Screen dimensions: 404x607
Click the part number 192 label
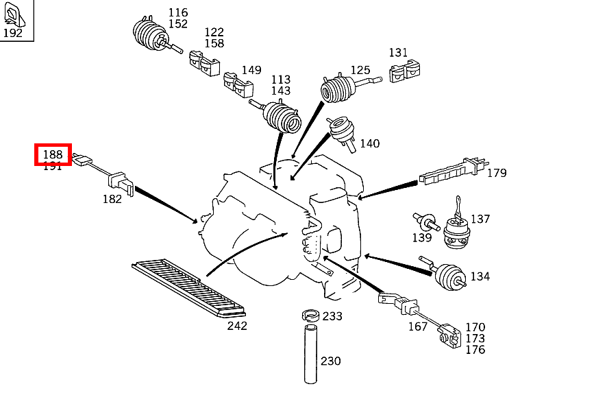pos(12,32)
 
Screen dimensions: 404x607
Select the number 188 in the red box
pos(53,154)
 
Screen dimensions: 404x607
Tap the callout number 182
pos(112,199)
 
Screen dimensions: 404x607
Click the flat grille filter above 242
pos(187,289)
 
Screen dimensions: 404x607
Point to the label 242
pos(237,326)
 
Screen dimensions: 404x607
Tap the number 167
pos(418,326)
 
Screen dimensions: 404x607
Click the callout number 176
pos(475,350)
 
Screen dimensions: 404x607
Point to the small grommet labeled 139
pos(427,222)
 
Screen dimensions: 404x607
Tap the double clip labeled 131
pos(404,72)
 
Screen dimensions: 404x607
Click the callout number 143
pos(280,91)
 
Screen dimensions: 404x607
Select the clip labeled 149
pos(238,85)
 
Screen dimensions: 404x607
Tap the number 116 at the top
pos(178,12)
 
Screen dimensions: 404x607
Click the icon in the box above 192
pos(14,13)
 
